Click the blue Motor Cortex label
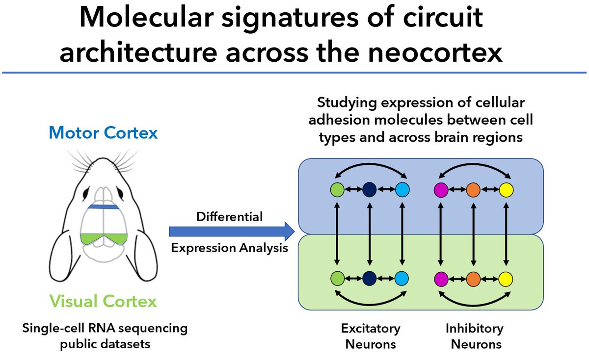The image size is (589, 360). point(103,132)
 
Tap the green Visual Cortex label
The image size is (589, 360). point(103,300)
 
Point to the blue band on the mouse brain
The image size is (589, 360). point(104,207)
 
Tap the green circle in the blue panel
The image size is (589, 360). point(337,189)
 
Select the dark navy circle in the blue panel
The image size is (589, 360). point(369,189)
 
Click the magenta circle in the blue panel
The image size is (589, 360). point(441,189)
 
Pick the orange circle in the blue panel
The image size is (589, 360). point(473,189)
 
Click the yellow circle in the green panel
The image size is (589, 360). point(506,280)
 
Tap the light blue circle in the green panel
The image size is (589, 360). point(402,280)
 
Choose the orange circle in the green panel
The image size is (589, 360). point(473,280)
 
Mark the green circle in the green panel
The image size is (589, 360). point(337,280)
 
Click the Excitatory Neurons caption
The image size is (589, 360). point(371,336)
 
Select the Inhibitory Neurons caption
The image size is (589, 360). point(474,336)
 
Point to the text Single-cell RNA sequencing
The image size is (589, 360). point(105,328)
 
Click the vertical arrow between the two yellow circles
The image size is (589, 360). point(506,234)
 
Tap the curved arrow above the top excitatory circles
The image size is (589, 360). point(369,169)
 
